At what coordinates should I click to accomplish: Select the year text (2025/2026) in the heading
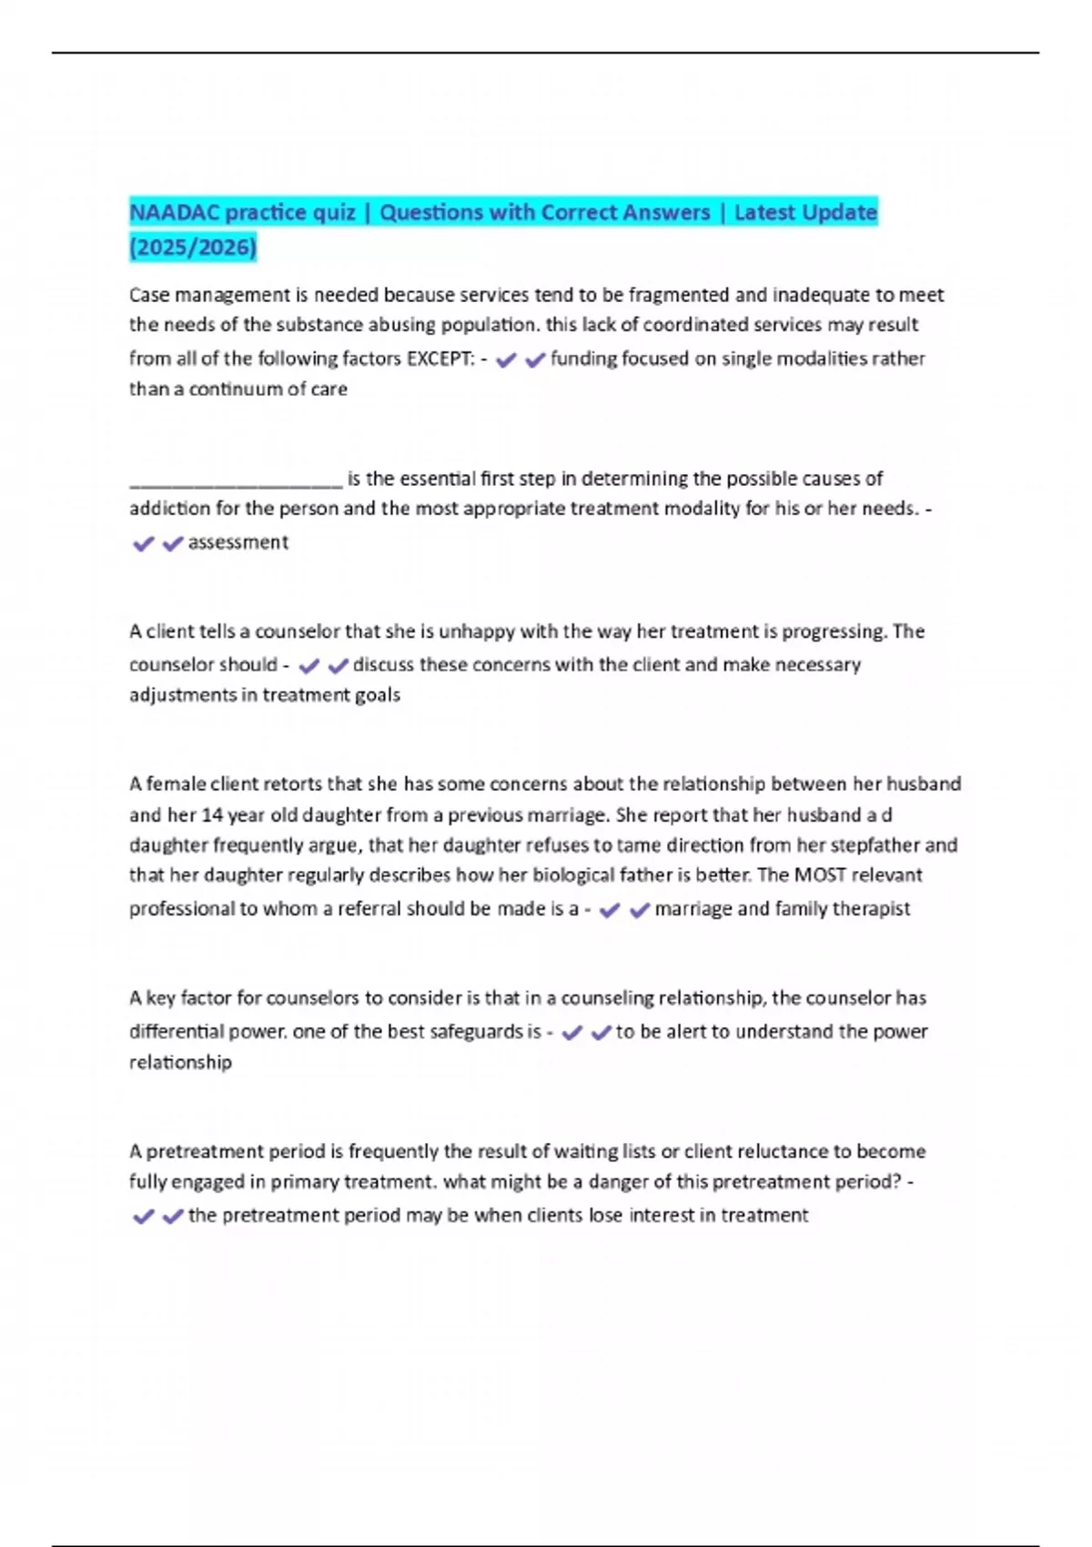[193, 247]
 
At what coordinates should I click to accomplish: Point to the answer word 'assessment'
[238, 542]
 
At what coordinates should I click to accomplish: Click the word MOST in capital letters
[820, 875]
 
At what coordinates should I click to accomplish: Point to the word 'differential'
[177, 1032]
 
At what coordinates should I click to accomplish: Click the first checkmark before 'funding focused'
[506, 360]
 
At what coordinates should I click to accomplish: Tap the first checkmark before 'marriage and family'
[610, 910]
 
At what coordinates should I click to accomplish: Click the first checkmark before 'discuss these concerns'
[308, 666]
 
